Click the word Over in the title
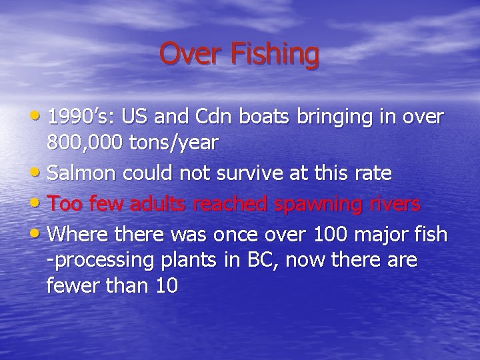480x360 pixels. point(191,53)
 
